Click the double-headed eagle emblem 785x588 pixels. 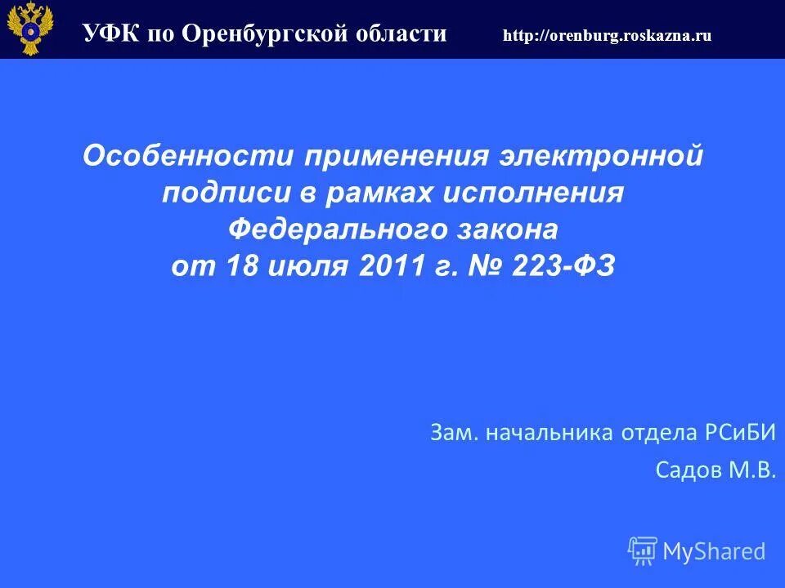[x=29, y=28]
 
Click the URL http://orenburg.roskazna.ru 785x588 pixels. [x=607, y=35]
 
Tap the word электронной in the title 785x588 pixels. [x=600, y=156]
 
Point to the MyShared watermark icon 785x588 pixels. [x=643, y=550]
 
